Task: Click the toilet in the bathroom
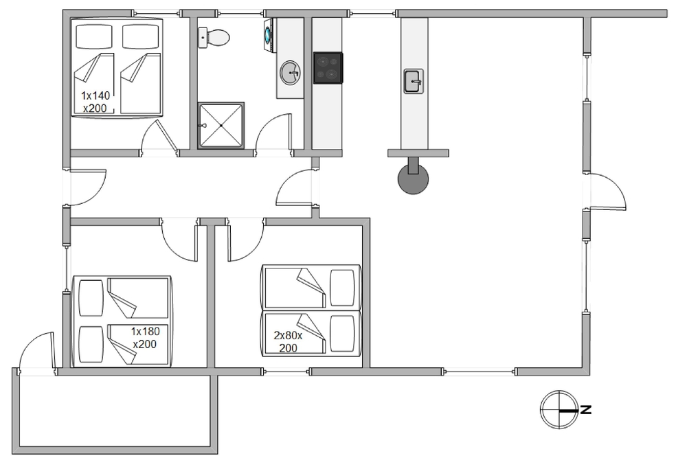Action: pos(214,37)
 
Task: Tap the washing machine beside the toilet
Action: pos(269,36)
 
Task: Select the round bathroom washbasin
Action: pos(290,72)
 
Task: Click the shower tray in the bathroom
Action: pos(221,126)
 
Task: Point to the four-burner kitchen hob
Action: pos(328,68)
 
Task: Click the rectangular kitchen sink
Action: pos(414,81)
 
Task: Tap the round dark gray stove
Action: pos(413,179)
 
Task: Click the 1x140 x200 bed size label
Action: pos(95,102)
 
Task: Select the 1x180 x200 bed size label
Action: pos(145,338)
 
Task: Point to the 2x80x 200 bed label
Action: pos(289,341)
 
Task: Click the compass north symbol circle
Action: pos(559,409)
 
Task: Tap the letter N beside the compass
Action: pos(586,410)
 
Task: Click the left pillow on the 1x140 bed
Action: pos(93,36)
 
